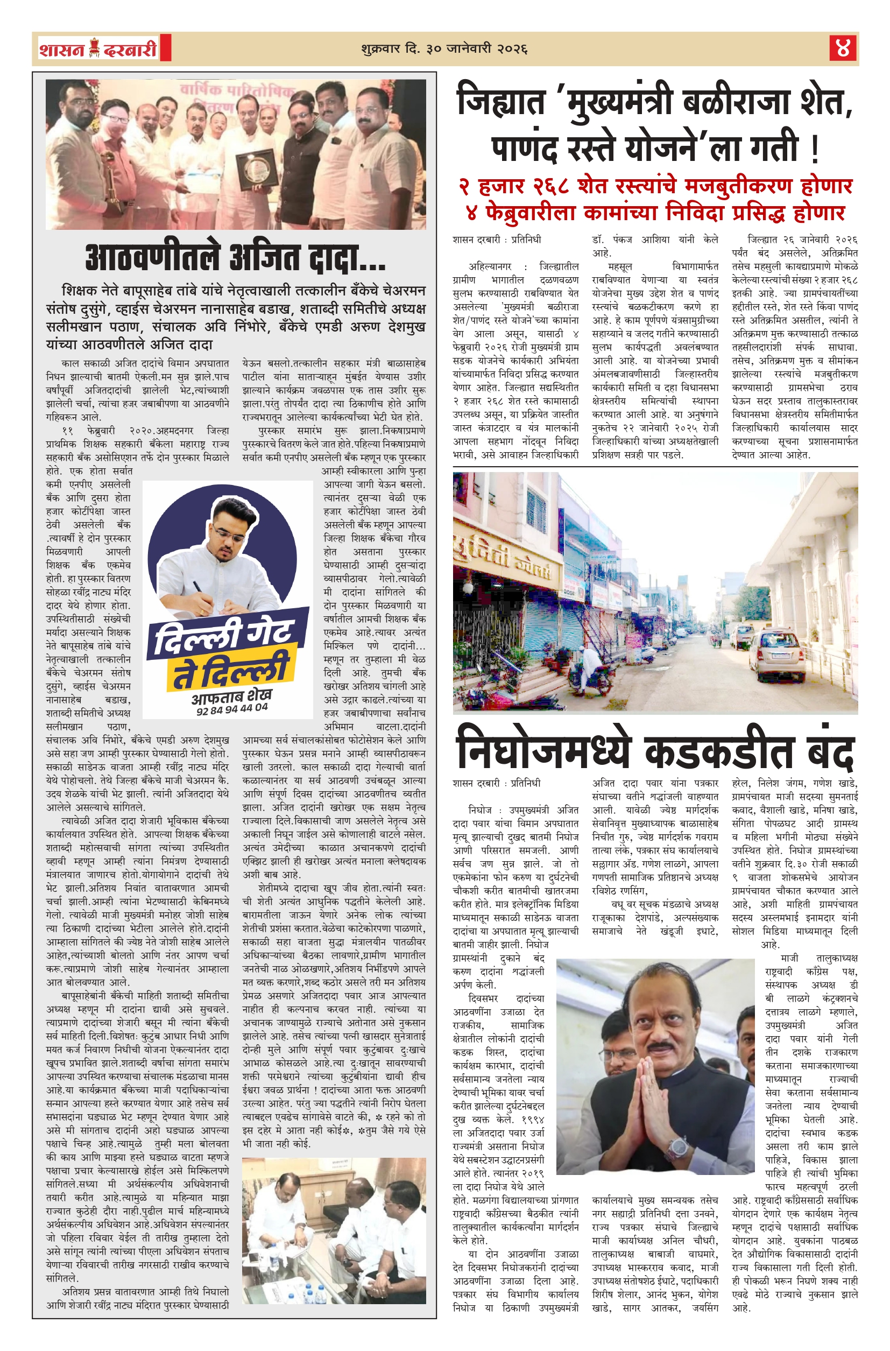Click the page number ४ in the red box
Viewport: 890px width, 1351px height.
pyautogui.click(x=843, y=48)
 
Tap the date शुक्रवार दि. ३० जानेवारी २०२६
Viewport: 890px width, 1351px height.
pyautogui.click(x=444, y=49)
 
